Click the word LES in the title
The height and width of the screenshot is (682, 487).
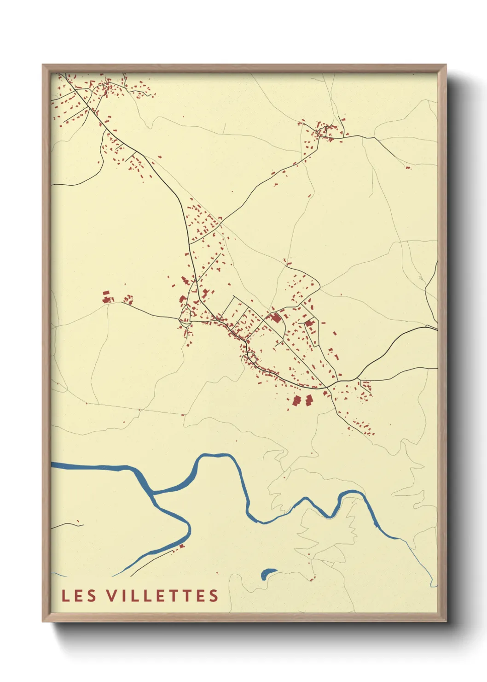(79, 595)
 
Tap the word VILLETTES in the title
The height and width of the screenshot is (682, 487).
(162, 595)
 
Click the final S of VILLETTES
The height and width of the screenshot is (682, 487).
(214, 595)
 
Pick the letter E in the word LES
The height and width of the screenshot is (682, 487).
(79, 595)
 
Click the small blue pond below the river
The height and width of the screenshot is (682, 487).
(267, 574)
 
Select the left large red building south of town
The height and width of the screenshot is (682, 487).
(296, 401)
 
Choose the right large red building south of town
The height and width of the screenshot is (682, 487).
(309, 400)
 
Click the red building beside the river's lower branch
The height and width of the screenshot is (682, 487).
(181, 546)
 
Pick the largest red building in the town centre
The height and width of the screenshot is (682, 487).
(276, 318)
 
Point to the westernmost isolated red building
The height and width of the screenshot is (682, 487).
(107, 297)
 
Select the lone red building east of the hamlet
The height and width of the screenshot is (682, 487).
(408, 167)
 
